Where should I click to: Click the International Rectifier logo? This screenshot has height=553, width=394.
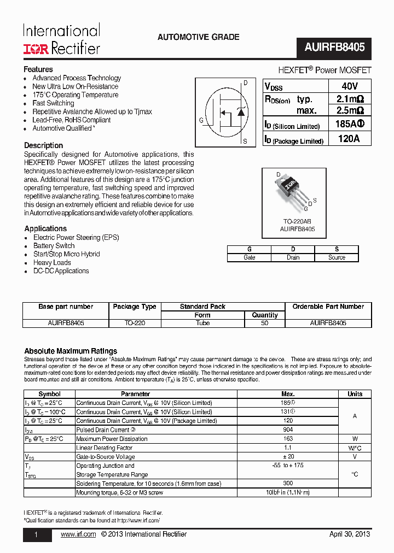coord(61,39)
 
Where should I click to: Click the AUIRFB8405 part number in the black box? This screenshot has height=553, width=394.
coord(334,48)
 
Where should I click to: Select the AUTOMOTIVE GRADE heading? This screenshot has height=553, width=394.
coord(198,37)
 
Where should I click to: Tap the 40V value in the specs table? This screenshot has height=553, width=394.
coord(349,86)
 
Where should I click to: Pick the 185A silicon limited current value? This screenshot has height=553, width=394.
coord(349,125)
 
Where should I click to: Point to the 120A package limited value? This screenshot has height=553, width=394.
coord(349,139)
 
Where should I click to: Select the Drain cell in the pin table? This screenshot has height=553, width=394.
coord(293,257)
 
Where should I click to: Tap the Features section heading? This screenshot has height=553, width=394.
coord(38,69)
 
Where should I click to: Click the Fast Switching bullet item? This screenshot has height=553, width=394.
coord(53,103)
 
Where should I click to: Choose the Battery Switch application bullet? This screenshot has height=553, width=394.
coord(54,246)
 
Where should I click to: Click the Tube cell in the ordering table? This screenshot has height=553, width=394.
coord(202,323)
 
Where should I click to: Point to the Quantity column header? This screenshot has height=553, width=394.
coord(265,315)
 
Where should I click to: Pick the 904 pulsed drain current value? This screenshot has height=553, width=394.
coord(288,430)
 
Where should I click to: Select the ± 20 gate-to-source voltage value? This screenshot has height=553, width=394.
coord(288,456)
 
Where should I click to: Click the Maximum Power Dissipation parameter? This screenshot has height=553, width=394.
coord(112,439)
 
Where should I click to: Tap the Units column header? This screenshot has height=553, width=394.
coord(355,393)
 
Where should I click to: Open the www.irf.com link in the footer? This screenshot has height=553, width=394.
coord(78,534)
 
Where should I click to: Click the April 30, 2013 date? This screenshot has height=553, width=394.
coord(350,534)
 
